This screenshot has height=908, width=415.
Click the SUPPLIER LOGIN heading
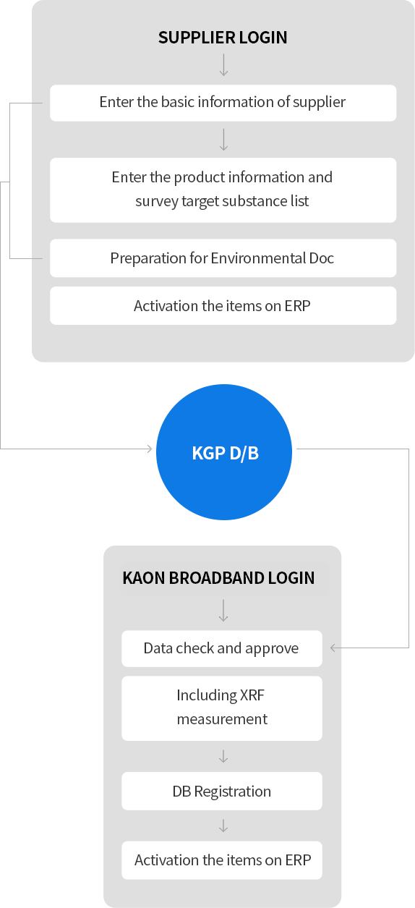[223, 38]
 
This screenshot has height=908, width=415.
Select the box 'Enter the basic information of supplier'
[223, 103]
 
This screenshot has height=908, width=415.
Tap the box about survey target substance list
[223, 190]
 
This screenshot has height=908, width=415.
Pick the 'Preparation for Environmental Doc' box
[223, 258]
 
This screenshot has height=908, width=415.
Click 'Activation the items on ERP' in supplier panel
[223, 305]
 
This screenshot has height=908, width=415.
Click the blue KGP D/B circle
[224, 452]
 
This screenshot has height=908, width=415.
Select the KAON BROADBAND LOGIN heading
[218, 578]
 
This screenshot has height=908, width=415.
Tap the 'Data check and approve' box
[222, 648]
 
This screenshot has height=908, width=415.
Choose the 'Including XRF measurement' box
[222, 708]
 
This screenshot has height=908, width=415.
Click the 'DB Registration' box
[222, 791]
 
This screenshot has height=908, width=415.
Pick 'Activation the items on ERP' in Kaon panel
[222, 860]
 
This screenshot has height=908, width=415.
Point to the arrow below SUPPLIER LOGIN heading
[223, 65]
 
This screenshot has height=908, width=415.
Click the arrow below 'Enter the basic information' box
[223, 140]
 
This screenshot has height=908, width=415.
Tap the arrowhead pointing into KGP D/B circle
[150, 449]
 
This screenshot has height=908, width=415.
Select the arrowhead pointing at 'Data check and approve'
[333, 648]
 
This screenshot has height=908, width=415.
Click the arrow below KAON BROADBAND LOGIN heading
[223, 611]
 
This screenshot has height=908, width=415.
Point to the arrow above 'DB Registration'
[223, 756]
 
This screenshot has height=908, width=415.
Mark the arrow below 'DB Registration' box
[223, 826]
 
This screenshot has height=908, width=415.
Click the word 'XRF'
[252, 695]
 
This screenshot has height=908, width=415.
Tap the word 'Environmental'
[258, 258]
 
